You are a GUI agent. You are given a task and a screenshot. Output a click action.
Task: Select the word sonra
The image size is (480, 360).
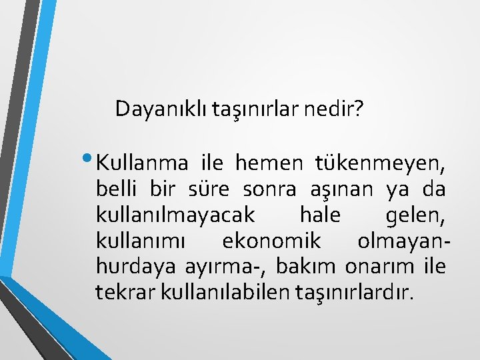point(267,190)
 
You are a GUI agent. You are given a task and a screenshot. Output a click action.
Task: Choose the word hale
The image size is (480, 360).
point(320,215)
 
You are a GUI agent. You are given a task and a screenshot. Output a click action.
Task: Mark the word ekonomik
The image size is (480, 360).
point(271,241)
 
